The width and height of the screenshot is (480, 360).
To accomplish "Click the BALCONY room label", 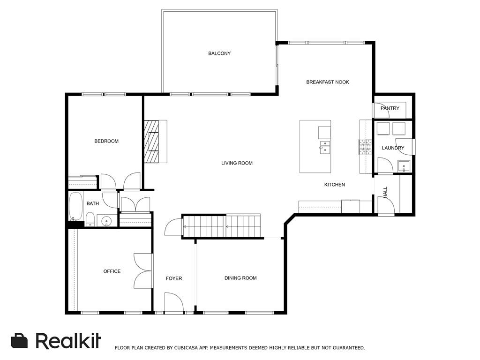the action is point(219,53).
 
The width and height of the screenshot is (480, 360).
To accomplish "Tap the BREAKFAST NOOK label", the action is point(328,82).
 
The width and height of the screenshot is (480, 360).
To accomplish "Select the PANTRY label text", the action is point(390,108).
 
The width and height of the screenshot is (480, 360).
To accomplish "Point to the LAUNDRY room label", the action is point(393,148).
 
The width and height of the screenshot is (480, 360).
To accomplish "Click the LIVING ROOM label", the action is point(237,163).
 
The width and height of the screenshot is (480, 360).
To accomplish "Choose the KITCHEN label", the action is point(335,185).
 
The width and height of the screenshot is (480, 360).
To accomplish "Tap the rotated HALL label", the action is point(385,192).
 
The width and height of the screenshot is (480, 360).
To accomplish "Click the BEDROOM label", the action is point(106,141).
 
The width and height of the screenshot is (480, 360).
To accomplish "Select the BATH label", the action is point(93,203).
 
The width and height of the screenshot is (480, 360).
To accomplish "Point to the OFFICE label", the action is point(112,271).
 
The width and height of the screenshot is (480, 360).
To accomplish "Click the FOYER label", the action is point(174,278).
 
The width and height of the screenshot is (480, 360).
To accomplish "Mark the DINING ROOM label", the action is point(240,278).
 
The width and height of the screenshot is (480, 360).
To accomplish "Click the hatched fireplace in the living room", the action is point(151,142).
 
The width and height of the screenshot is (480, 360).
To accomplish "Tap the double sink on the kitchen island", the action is point(325,147).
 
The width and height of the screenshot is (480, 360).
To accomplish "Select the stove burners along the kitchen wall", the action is point(365,147).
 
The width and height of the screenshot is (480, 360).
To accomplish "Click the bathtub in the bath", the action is point(75,206).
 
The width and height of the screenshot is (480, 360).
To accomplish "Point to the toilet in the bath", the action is point(90,219).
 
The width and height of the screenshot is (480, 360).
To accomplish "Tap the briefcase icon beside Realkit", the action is point(19,340).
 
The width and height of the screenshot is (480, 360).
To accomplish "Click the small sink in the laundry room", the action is point(404,166).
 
